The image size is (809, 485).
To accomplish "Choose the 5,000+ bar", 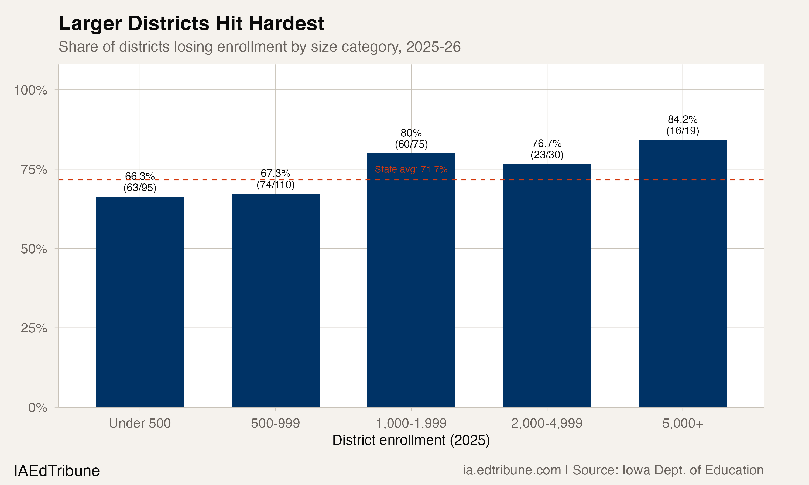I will (683, 273).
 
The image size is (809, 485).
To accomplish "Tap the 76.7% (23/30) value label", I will (547, 149).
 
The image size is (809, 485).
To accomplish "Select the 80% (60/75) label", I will (411, 138).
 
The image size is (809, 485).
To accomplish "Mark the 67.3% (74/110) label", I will (275, 179).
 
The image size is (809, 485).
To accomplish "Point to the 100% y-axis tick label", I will (31, 91).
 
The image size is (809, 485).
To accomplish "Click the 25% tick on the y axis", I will (34, 328).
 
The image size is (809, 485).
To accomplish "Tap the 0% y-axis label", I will (37, 408).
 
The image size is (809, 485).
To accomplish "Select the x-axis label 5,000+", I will (683, 423).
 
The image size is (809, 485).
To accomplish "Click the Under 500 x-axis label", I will (140, 423).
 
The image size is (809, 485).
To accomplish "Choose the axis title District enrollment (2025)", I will (411, 440).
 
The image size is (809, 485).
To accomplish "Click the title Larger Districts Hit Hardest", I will (191, 23).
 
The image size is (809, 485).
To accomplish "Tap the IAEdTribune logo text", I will (57, 471).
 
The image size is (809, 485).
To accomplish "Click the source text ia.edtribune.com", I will (512, 470).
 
